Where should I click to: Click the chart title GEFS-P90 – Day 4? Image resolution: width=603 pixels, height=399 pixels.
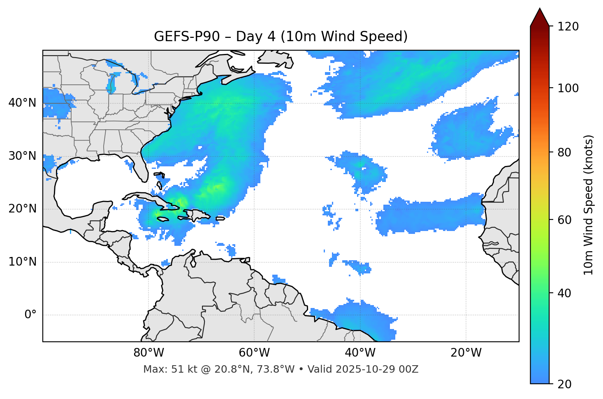281,37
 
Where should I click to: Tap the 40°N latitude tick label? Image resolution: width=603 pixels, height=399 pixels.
22,103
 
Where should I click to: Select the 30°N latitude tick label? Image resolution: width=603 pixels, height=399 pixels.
22,156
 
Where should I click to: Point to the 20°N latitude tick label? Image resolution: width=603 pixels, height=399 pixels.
22,209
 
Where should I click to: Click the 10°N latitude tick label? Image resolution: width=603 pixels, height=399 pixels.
22,262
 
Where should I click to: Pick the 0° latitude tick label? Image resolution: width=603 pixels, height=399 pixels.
30,315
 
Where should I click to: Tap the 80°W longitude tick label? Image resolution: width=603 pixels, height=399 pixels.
148,353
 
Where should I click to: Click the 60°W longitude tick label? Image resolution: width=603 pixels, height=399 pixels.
254,353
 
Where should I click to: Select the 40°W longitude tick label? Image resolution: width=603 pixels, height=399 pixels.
360,353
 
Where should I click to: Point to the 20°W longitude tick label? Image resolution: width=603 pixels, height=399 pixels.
466,353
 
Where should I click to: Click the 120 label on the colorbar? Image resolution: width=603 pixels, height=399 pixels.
568,27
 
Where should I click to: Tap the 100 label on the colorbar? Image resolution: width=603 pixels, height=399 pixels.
568,88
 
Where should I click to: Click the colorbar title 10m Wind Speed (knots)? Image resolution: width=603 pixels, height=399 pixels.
589,205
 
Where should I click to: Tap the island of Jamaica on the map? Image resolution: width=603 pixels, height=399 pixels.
163,219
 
